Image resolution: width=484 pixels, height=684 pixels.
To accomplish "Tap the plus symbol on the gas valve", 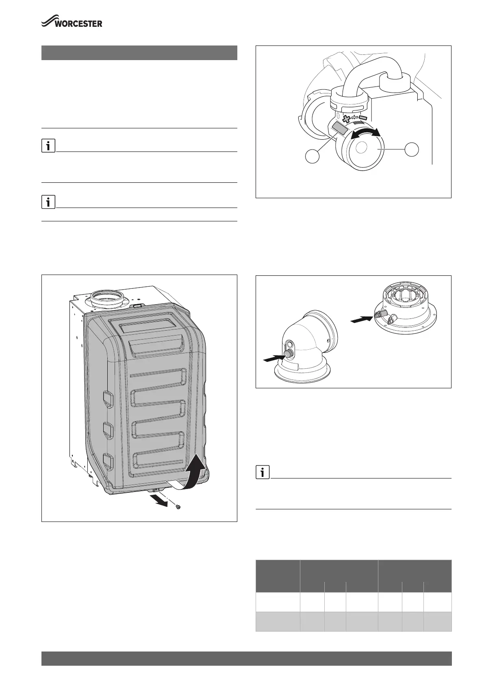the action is click(346, 119).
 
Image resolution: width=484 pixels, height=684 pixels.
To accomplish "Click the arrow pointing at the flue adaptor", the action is click(361, 320).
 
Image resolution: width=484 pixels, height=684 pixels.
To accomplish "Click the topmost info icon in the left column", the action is click(48, 146).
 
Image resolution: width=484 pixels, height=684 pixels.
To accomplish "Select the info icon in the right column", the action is click(263, 472).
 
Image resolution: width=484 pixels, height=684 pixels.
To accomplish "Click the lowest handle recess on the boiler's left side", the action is click(108, 461).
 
